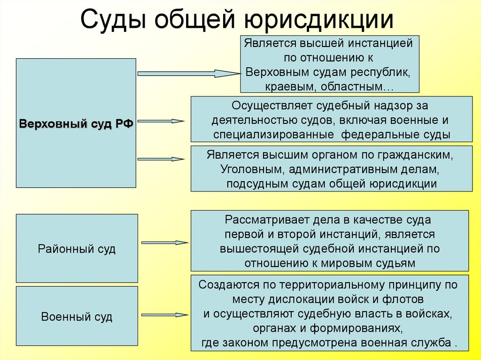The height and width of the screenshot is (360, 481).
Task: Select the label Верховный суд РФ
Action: pyautogui.click(x=76, y=124)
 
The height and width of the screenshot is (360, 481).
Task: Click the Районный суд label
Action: pyautogui.click(x=77, y=249)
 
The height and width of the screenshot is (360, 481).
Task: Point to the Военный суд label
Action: pyautogui.click(x=77, y=316)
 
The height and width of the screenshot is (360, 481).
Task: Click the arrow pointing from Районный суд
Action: pyautogui.click(x=165, y=243)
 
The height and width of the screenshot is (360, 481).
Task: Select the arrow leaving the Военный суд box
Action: pyautogui.click(x=165, y=315)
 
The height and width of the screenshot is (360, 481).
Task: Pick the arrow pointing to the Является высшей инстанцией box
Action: pyautogui.click(x=189, y=74)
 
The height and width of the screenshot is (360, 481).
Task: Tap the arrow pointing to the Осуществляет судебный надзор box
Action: pyautogui.click(x=161, y=121)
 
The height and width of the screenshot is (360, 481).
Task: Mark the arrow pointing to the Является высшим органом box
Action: pyautogui.click(x=161, y=159)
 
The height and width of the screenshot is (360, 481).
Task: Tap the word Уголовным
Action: pyautogui.click(x=253, y=169)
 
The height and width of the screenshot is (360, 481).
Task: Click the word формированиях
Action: pyautogui.click(x=356, y=329)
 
